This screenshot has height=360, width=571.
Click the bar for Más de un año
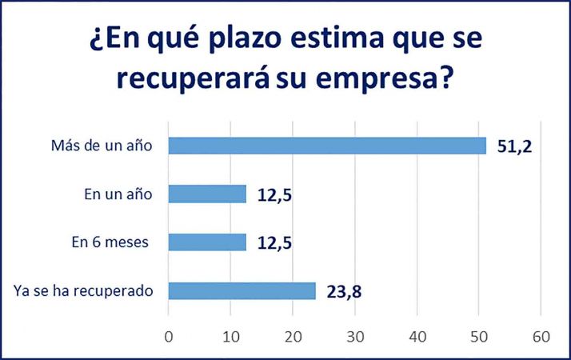(x=327, y=146)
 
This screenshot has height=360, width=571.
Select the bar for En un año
(x=207, y=194)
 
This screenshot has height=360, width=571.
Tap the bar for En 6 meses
(x=207, y=242)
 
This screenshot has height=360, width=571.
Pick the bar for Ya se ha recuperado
(x=242, y=290)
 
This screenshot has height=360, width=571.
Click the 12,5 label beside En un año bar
(x=273, y=195)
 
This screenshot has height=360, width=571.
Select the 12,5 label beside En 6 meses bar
(x=273, y=243)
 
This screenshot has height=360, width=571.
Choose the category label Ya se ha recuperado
(x=83, y=290)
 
